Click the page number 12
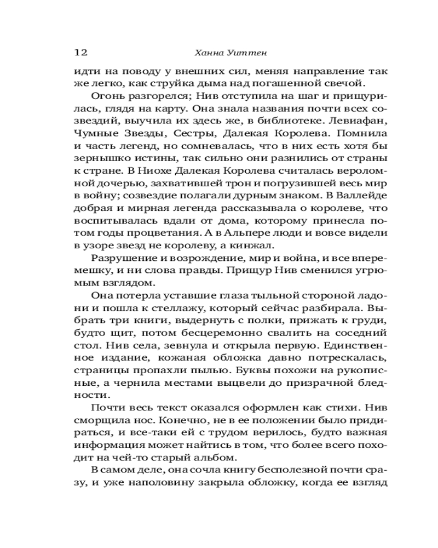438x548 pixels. [x=80, y=53]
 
